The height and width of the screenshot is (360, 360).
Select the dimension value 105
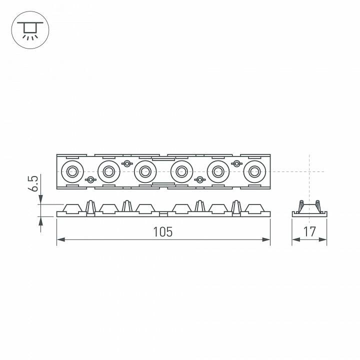tap(163, 232)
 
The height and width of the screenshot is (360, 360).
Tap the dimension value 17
tap(309, 232)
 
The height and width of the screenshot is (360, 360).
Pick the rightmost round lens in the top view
tap(254, 171)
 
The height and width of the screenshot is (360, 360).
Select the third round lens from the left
tap(145, 171)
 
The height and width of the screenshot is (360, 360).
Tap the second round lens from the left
tap(108, 171)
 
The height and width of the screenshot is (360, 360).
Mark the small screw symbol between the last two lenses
tap(236, 163)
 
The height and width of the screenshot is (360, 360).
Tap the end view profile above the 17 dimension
tap(309, 208)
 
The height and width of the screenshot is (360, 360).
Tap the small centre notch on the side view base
tap(162, 213)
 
